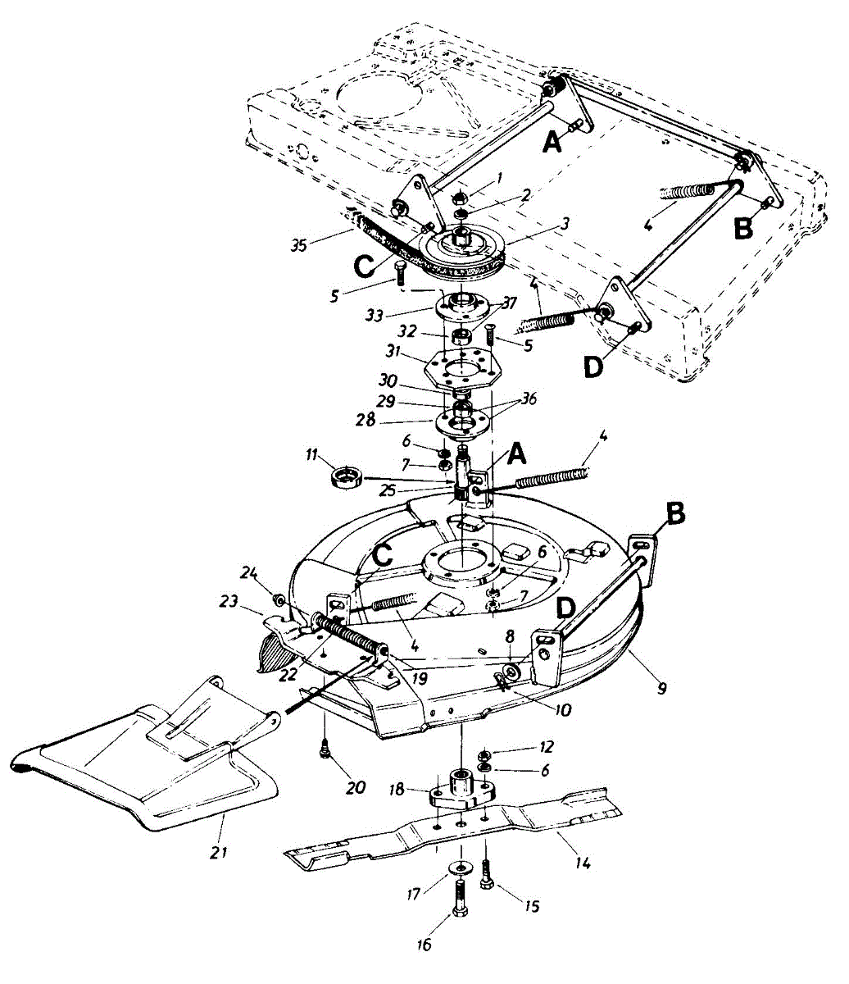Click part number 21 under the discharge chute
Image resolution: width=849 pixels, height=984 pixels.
(x=217, y=852)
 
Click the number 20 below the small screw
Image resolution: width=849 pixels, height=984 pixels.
(x=355, y=788)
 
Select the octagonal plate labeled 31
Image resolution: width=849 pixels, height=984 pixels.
(x=463, y=369)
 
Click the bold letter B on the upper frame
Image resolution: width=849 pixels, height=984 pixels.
(x=743, y=228)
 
